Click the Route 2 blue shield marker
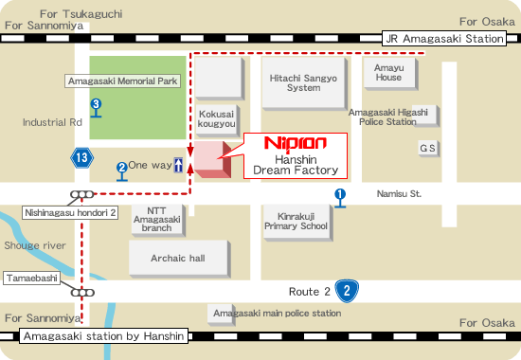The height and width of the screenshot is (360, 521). click(349, 291)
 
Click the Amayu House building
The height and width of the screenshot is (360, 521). click(388, 72)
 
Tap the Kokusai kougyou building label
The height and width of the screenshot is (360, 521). click(216, 117)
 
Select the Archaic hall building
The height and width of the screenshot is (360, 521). click(179, 257)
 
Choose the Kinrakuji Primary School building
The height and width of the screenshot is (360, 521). click(296, 221)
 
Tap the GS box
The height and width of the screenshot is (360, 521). click(428, 149)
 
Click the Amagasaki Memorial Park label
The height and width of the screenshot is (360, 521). click(123, 81)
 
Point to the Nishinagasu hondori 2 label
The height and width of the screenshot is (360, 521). click(71, 213)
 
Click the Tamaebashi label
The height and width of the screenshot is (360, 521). click(35, 279)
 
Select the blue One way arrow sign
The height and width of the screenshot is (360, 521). click(180, 165)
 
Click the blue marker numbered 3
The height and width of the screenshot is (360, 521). click(97, 105)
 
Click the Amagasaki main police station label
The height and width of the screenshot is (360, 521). click(277, 313)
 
